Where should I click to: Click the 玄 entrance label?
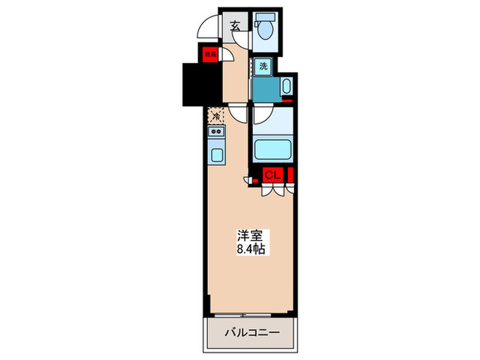[235, 27]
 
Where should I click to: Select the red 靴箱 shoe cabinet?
[209, 52]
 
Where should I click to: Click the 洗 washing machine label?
[264, 67]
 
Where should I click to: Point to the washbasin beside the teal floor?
[286, 87]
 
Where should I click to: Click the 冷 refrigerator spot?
[215, 116]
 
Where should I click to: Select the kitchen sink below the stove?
[215, 154]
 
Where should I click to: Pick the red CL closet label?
[272, 176]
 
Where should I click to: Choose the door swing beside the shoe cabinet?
[226, 55]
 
